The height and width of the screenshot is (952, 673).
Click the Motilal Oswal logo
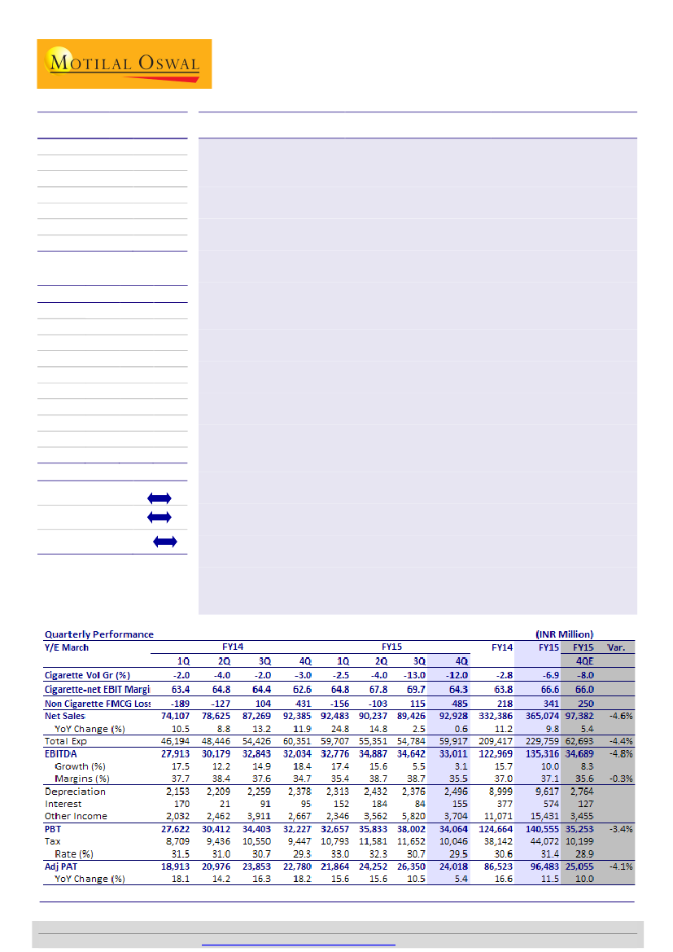[x=124, y=64]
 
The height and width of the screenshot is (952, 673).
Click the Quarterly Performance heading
[x=98, y=634]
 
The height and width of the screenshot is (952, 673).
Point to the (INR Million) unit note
[x=564, y=634]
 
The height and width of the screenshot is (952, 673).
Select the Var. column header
[x=616, y=647]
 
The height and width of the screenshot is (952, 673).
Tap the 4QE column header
[x=579, y=661]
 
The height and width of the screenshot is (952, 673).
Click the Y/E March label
[x=67, y=647]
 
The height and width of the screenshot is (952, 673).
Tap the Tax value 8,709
[x=176, y=841]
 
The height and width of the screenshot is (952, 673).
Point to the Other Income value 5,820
[x=413, y=816]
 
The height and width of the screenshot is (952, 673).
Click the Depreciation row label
[x=75, y=792]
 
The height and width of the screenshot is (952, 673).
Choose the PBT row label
[x=54, y=829]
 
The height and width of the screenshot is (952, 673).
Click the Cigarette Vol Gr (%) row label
[x=87, y=675]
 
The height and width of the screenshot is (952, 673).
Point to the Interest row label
[x=63, y=804]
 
